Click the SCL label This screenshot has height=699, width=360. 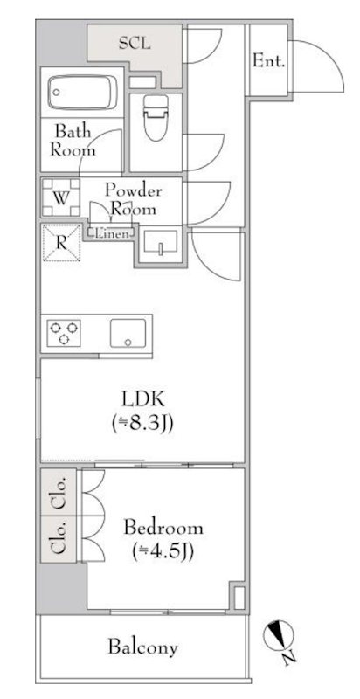tap(134, 43)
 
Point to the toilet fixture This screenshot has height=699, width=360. tap(155, 117)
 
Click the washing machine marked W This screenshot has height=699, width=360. tap(59, 197)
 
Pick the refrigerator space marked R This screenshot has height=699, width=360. tap(60, 242)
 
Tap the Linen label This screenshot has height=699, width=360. tap(109, 233)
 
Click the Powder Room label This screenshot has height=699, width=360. tap(132, 200)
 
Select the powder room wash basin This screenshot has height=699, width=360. tap(159, 245)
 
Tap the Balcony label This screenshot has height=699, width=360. tap(143, 647)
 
